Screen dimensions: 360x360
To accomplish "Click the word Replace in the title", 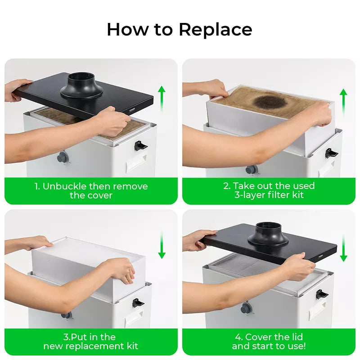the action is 216,30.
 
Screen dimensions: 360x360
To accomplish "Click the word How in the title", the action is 127,29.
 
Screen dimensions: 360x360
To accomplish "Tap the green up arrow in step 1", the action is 162,98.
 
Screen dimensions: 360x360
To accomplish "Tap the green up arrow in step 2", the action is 343,102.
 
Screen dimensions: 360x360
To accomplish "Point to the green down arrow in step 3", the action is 162,245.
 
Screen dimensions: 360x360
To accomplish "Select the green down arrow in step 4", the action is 343,248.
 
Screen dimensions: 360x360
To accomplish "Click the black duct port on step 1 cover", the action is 81,86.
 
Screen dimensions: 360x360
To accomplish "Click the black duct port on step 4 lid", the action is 268,234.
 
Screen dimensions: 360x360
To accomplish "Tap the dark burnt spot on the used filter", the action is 270,102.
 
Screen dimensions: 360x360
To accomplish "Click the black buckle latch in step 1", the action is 140,145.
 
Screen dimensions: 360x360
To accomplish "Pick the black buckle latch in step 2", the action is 331,153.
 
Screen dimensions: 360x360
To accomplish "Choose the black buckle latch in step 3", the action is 138,303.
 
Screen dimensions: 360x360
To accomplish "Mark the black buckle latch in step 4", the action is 322,294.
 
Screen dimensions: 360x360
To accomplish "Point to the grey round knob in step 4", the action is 246,308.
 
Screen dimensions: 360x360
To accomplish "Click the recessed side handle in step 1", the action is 136,162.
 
